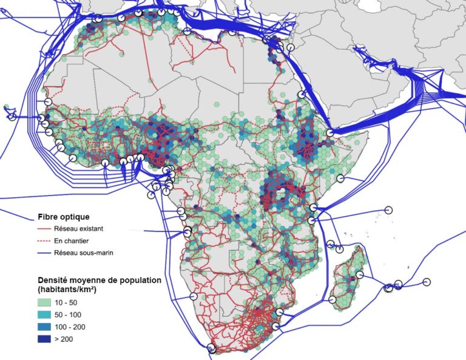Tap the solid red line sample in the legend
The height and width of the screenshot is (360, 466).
click(45, 229)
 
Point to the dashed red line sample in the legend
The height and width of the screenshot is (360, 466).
click(45, 241)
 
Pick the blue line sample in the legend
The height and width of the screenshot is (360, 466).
click(45, 253)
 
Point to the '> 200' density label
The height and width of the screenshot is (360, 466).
click(66, 341)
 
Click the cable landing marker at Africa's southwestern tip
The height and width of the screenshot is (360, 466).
click(211, 348)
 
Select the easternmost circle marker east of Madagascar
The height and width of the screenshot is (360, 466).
click(427, 282)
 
